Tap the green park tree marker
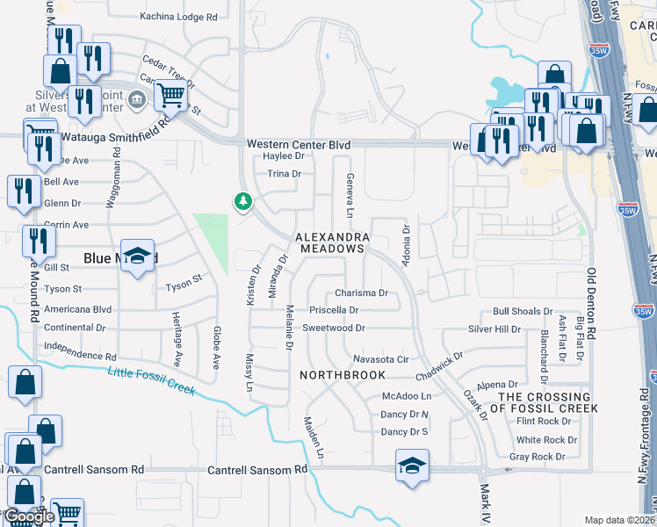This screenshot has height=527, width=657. click(x=242, y=202)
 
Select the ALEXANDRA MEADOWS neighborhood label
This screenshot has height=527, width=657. click(x=330, y=243)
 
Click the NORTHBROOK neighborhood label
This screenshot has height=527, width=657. click(x=343, y=375)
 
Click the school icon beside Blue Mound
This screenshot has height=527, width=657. click(x=137, y=256)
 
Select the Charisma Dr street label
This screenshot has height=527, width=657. click(x=361, y=293)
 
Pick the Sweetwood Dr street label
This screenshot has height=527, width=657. click(x=333, y=328)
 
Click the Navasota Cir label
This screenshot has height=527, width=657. click(x=381, y=359)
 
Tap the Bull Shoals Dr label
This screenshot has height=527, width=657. click(x=517, y=312)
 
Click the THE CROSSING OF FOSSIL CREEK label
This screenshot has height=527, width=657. click(x=548, y=403)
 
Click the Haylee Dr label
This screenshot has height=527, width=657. click(x=283, y=156)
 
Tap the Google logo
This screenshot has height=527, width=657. click(x=30, y=516)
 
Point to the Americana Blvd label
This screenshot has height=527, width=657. click(x=78, y=309)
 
